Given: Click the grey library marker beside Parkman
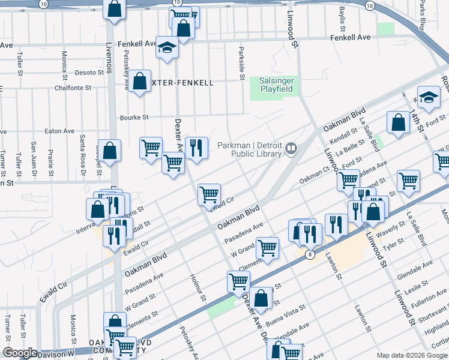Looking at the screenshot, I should tap(291, 147).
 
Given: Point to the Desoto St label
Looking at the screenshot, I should tap(89, 73).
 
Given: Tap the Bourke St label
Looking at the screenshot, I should tap(134, 118).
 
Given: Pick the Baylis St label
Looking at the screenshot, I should tap(342, 19).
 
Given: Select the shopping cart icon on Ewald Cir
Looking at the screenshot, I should tap(209, 194).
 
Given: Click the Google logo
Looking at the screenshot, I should tap(20, 353).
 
